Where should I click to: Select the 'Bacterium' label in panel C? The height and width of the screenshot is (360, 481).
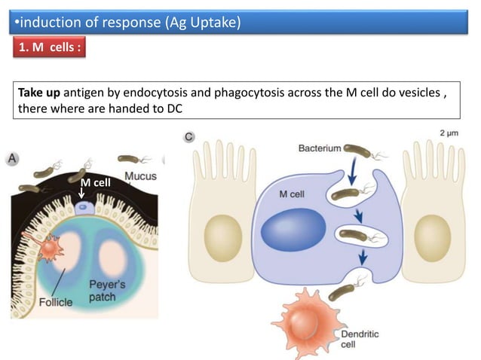click(x=320, y=148)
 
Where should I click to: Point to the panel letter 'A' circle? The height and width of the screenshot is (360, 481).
click(x=14, y=159)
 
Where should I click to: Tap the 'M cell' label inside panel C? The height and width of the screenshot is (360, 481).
click(x=292, y=194)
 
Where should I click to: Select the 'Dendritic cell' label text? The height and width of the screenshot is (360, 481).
click(x=359, y=337)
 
